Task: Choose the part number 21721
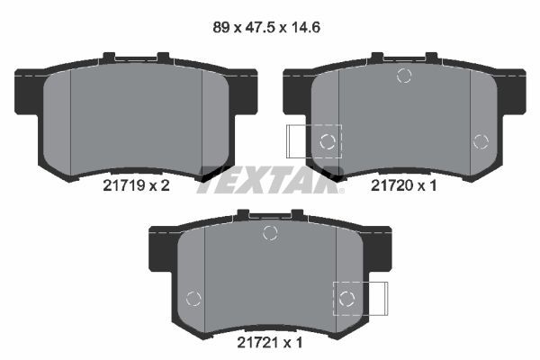tap(255, 344)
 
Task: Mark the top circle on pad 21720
tap(404, 76)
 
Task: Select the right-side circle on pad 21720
tap(480, 140)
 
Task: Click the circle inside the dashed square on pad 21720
tap(328, 140)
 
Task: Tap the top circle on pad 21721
tap(269, 233)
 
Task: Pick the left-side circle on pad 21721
tap(193, 299)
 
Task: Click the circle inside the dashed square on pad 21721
tap(346, 298)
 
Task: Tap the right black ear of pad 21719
tap(245, 90)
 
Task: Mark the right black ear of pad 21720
tap(513, 90)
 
